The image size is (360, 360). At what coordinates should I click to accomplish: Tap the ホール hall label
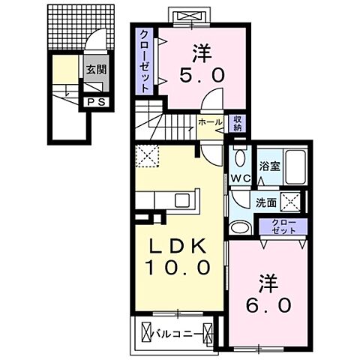(209, 121)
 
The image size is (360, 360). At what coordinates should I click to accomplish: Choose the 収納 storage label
(237, 122)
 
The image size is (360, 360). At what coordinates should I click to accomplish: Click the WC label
(239, 178)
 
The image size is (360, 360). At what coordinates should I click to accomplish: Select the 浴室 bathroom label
(269, 166)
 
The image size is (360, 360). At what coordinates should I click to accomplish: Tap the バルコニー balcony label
(178, 330)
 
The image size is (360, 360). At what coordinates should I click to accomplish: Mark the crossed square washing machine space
(292, 200)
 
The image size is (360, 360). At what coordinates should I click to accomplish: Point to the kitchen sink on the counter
(182, 200)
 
